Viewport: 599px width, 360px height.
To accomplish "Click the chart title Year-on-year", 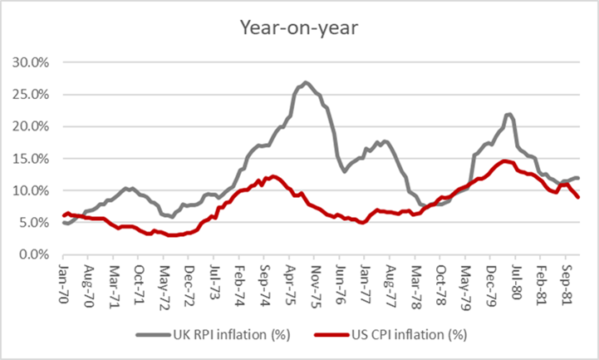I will click(299, 28).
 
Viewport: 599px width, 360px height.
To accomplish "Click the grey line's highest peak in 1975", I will click(306, 82).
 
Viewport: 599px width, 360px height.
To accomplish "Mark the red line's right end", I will click(578, 197).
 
